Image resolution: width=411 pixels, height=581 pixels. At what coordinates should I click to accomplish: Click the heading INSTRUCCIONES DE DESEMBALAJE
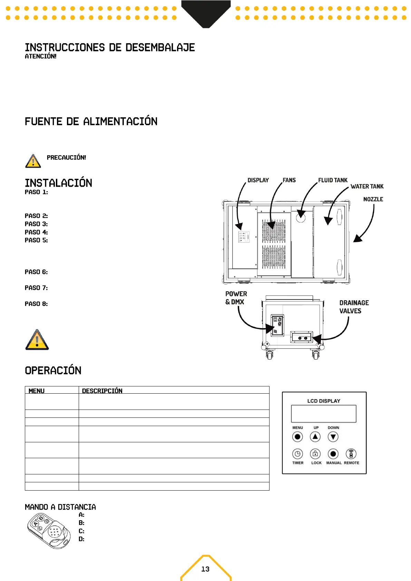(x=110, y=48)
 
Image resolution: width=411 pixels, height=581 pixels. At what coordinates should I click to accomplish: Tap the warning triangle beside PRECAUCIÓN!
(x=33, y=161)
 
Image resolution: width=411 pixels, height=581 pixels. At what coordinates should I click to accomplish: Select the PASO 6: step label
(x=36, y=272)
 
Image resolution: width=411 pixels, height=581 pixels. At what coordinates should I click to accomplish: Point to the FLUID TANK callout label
(x=333, y=180)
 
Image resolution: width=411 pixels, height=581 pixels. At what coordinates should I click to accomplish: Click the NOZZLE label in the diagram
(x=373, y=199)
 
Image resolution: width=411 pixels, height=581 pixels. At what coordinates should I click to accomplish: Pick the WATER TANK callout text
(x=367, y=186)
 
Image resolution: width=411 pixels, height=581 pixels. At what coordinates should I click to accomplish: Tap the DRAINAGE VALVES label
(x=354, y=307)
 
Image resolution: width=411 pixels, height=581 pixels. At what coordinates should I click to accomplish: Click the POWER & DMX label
(x=236, y=298)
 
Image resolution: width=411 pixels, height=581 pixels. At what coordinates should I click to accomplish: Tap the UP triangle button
(x=315, y=437)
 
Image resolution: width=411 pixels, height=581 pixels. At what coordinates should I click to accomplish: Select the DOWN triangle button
(x=333, y=437)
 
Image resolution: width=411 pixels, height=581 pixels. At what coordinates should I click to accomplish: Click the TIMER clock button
(x=297, y=454)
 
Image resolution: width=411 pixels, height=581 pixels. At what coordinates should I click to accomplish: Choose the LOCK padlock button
(x=315, y=454)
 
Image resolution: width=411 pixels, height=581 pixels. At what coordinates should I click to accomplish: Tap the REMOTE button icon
(x=351, y=454)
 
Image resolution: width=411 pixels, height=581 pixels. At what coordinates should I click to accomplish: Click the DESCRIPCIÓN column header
(x=102, y=391)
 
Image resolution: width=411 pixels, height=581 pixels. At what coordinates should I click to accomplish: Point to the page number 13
(x=205, y=569)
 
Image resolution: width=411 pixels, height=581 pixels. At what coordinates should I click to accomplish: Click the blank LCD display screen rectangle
(x=324, y=414)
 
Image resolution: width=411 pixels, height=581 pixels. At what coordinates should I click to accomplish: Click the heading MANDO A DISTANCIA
(x=60, y=507)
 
